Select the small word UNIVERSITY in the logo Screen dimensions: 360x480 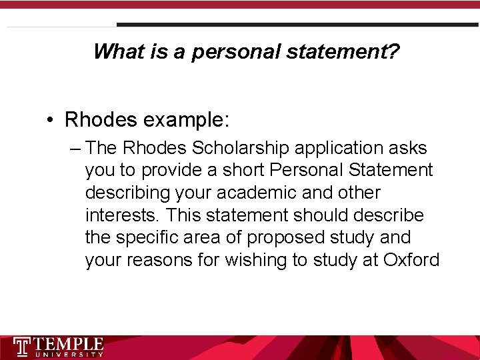(x=69, y=355)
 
